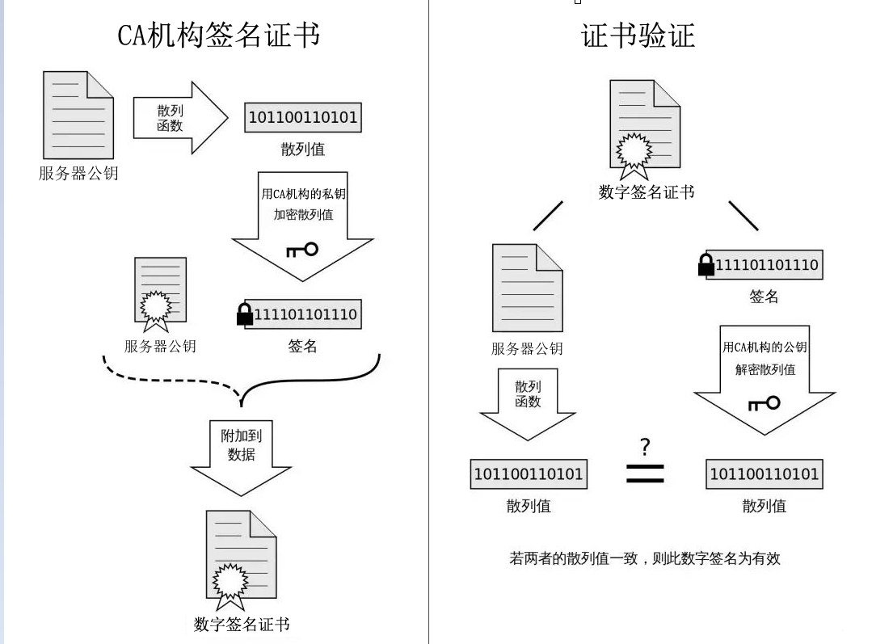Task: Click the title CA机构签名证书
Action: pyautogui.click(x=218, y=36)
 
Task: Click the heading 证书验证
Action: pyautogui.click(x=638, y=36)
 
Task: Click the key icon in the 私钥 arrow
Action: pyautogui.click(x=302, y=250)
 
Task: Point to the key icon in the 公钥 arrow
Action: pyautogui.click(x=764, y=402)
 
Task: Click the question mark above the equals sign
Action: pyautogui.click(x=644, y=446)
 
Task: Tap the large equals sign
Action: pyautogui.click(x=645, y=474)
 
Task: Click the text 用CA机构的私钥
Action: pyautogui.click(x=301, y=194)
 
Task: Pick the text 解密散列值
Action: pyautogui.click(x=765, y=369)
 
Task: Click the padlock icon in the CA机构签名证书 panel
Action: pyautogui.click(x=245, y=314)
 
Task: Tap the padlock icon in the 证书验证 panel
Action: pyautogui.click(x=706, y=265)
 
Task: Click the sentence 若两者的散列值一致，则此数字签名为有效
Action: pyautogui.click(x=644, y=558)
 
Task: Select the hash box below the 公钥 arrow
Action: pyautogui.click(x=764, y=474)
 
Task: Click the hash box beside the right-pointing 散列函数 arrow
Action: pyautogui.click(x=303, y=118)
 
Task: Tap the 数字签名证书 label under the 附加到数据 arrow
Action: pyautogui.click(x=242, y=624)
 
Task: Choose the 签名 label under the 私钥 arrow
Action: pyautogui.click(x=302, y=347)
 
